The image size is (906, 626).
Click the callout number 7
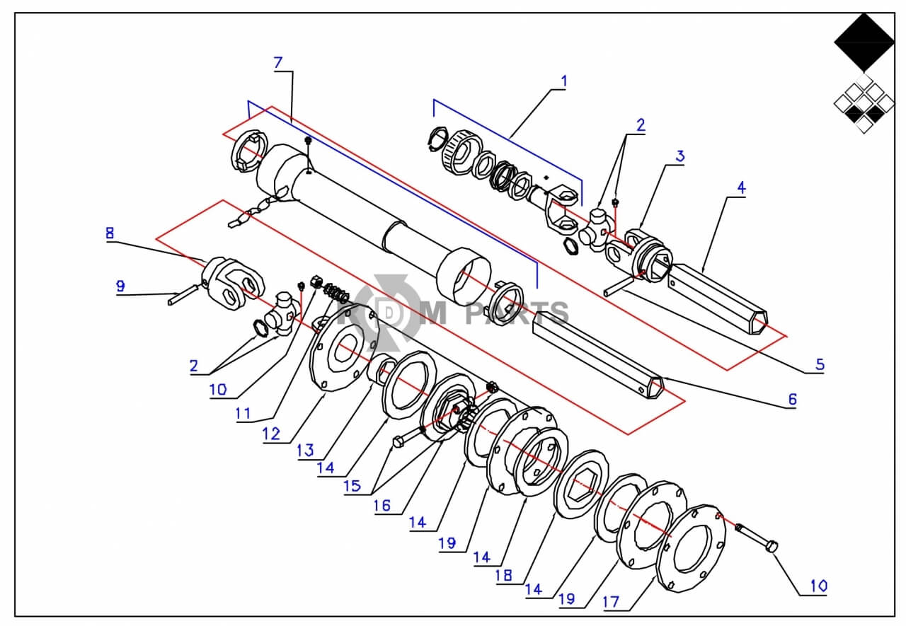pos(278,63)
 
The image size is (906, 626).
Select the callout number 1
pos(564,81)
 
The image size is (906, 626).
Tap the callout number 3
pos(680,156)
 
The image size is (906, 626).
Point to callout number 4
pos(741,187)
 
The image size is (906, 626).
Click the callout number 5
pos(820,364)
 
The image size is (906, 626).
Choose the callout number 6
pos(792,400)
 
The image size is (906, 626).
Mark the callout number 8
pos(110,233)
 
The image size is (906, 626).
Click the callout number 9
pos(120,286)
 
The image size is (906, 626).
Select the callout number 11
pos(243,413)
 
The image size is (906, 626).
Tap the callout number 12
pos(271,434)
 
